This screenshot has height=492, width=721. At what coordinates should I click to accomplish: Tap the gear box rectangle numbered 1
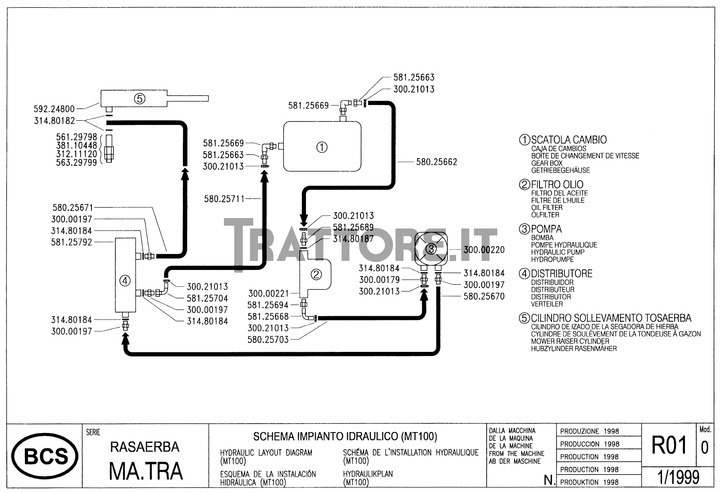322,147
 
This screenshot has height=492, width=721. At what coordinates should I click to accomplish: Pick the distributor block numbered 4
125,281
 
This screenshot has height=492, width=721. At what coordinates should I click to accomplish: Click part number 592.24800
55,109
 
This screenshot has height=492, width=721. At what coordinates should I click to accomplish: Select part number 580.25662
436,162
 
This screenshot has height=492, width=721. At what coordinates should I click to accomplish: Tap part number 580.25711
224,199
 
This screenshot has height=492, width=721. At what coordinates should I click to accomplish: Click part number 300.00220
484,250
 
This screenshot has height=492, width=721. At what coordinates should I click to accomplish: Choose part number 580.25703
268,340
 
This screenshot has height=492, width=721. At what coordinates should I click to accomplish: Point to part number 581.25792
71,242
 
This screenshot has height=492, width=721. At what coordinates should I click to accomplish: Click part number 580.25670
484,296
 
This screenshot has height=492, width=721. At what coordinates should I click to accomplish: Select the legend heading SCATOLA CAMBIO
569,140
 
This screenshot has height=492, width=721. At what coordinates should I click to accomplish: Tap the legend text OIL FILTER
547,208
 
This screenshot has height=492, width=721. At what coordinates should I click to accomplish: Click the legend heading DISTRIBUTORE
561,273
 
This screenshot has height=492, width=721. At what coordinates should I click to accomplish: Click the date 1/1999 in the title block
679,477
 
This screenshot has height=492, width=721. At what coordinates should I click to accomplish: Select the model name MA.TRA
146,471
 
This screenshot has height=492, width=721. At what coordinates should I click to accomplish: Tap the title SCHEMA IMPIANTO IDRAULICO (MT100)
345,436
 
